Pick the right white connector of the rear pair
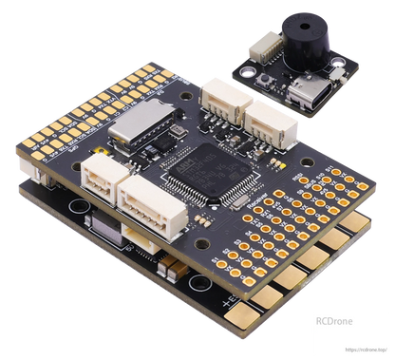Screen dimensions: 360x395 coord(265,118)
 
